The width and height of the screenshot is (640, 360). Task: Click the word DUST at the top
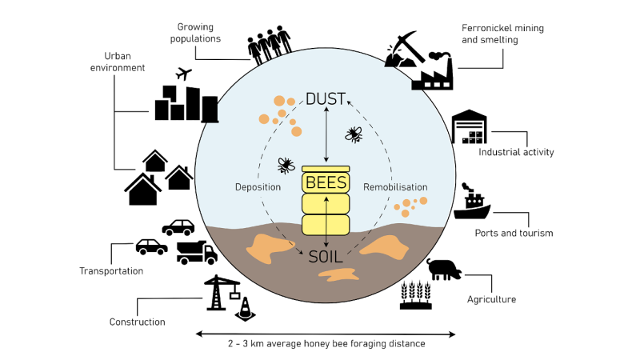pyautogui.click(x=326, y=99)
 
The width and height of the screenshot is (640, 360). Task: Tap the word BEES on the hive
pyautogui.click(x=326, y=182)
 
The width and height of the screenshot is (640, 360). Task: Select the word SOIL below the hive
pyautogui.click(x=326, y=256)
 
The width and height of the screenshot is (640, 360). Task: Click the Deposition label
pyautogui.click(x=258, y=187)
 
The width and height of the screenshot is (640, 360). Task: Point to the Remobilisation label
pyautogui.click(x=395, y=187)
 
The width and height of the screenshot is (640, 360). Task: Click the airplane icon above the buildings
pyautogui.click(x=184, y=74)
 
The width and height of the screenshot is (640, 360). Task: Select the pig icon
pyautogui.click(x=444, y=270)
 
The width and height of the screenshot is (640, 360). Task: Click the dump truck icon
pyautogui.click(x=197, y=253)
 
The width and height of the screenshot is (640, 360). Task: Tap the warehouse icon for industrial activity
pyautogui.click(x=470, y=127)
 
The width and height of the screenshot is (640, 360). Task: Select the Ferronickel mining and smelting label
pyautogui.click(x=502, y=33)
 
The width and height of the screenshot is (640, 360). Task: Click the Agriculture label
pyautogui.click(x=491, y=300)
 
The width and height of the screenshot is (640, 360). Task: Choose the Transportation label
pyautogui.click(x=111, y=271)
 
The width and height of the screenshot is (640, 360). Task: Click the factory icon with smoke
pyautogui.click(x=432, y=72)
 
